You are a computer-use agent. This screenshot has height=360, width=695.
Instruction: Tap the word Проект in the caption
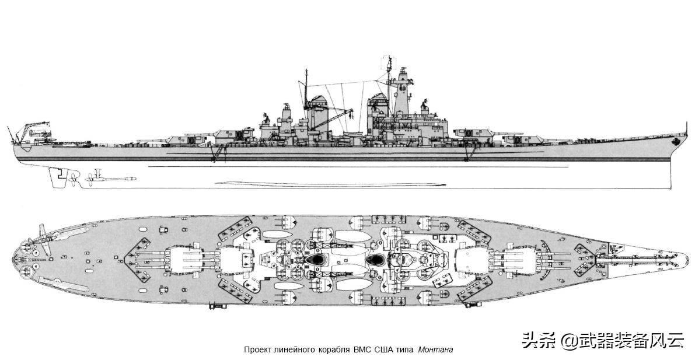click(256, 349)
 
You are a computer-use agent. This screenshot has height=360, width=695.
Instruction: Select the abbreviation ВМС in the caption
click(362, 349)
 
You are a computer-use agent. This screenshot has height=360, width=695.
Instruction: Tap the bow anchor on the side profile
click(675, 141)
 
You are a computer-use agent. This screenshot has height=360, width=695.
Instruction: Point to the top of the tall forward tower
click(389, 58)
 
